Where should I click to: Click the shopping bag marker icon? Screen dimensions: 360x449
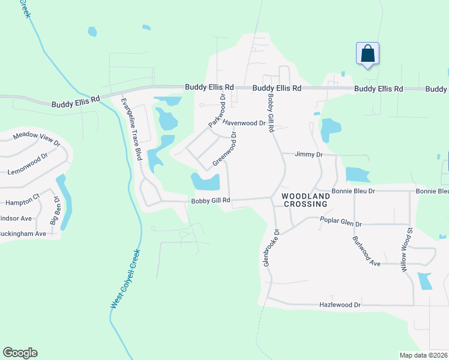[x=367, y=54]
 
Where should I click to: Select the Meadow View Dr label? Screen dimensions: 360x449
[x=37, y=140]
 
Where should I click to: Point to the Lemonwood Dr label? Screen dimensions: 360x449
[x=27, y=164]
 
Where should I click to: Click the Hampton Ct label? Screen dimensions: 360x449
[x=20, y=196]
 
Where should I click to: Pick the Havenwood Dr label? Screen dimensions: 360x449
[x=244, y=123]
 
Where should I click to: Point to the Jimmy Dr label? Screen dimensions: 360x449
[x=309, y=155]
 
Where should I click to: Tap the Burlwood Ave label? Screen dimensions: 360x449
[x=366, y=251]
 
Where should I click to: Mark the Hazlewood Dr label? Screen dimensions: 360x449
[x=340, y=305]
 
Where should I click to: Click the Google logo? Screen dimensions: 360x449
[x=20, y=353]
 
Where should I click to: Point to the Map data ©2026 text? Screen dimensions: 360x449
[x=424, y=355]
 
